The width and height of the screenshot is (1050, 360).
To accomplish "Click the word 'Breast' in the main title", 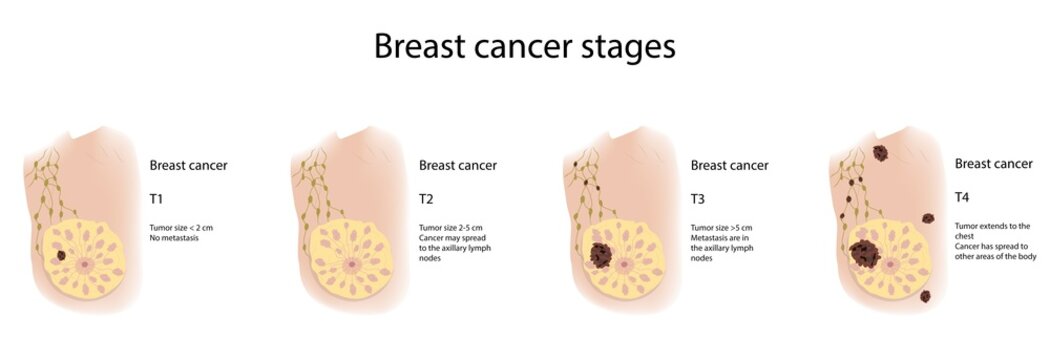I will tap(419, 46).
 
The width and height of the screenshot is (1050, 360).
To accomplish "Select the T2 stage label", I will tap(425, 199).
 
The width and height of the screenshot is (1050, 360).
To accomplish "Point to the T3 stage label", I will tap(697, 199).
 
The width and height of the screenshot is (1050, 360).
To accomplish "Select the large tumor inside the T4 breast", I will tap(864, 254).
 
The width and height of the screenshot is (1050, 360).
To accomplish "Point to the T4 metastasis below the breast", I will tap(923, 296).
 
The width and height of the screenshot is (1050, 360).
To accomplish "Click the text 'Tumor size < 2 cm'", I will tap(181, 228).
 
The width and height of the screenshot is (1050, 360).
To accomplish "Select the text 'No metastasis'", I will tap(174, 238).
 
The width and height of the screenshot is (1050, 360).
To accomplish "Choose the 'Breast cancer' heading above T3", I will tap(729, 166).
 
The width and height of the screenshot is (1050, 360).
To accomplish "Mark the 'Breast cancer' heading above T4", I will tap(993, 163).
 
